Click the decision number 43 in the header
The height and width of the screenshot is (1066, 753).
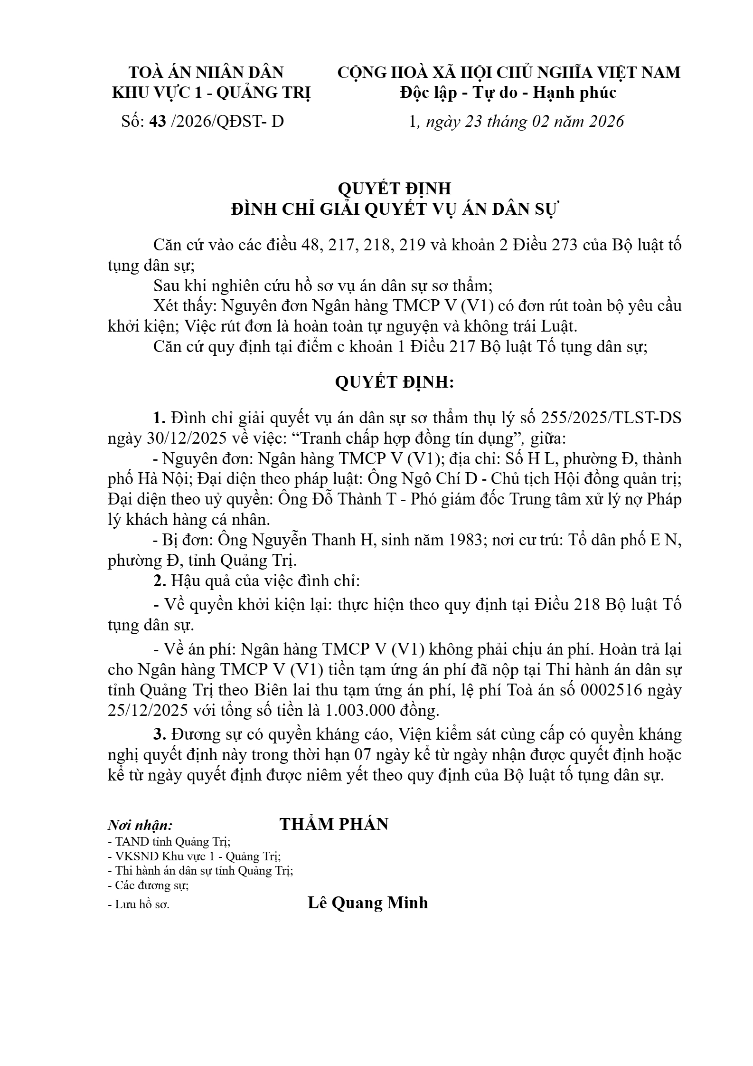[158, 122]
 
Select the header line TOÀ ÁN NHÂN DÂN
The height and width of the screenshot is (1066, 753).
[206, 73]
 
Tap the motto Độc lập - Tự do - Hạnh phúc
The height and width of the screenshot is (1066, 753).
[508, 93]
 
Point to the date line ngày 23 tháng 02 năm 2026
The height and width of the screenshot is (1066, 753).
[525, 122]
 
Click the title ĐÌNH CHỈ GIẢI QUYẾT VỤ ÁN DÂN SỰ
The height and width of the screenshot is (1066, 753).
[394, 209]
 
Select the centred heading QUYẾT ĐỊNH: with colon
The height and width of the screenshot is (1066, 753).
[394, 382]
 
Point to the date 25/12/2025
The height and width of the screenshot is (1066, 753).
[148, 711]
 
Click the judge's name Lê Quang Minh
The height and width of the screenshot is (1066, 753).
[368, 903]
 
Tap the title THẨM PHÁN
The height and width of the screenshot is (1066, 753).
[334, 824]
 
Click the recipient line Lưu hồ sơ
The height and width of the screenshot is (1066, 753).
[139, 904]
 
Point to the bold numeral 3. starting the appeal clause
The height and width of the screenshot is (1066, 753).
[160, 734]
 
